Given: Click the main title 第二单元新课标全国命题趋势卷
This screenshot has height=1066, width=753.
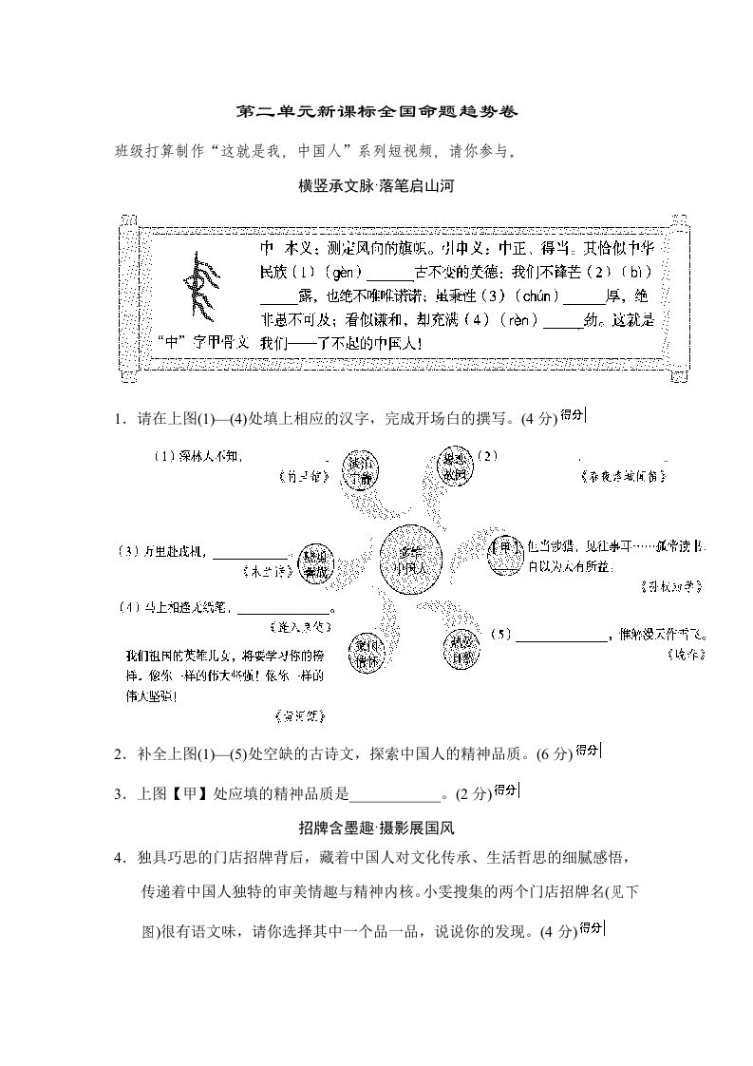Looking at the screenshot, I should [x=376, y=112].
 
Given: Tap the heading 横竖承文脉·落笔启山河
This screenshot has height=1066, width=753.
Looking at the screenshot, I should [x=376, y=186].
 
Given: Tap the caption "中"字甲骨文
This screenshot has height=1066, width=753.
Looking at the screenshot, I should [x=204, y=341].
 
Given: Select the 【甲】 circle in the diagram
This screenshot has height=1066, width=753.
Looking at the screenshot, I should [x=506, y=554].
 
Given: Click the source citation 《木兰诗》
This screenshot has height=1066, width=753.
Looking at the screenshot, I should [x=265, y=573].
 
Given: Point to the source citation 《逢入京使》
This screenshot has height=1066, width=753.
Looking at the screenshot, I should [x=302, y=627].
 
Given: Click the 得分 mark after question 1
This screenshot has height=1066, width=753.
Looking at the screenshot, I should [x=572, y=414].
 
